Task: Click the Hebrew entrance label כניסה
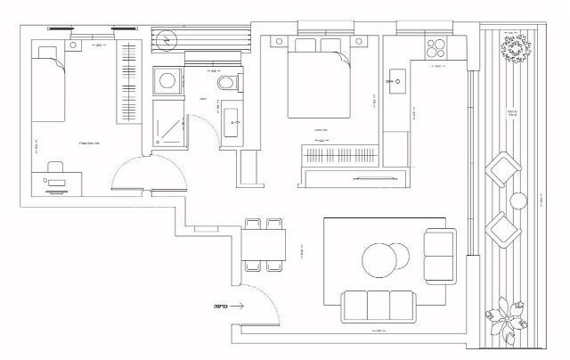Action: [221, 306]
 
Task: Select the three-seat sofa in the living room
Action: [378, 306]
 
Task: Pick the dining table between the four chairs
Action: [263, 241]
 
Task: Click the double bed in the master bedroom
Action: [319, 83]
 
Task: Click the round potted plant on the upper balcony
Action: [516, 48]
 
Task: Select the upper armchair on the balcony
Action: [504, 169]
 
